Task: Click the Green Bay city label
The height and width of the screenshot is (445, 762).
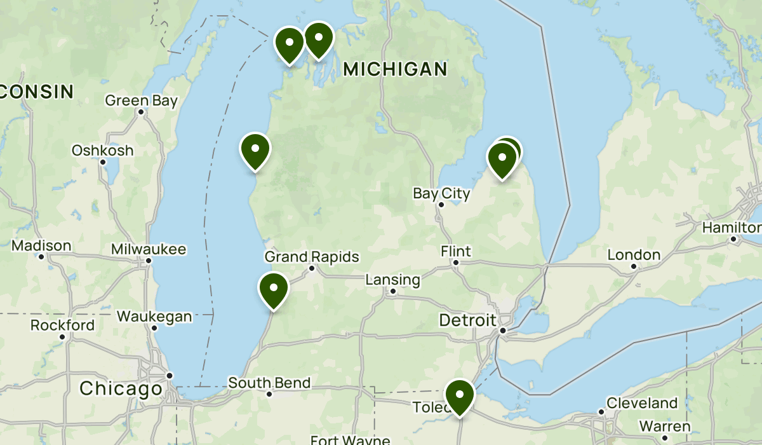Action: (x=141, y=100)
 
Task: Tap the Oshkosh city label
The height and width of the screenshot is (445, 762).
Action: (x=102, y=151)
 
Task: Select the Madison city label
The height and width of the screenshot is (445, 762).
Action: (x=41, y=245)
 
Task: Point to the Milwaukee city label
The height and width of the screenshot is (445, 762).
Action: (x=148, y=249)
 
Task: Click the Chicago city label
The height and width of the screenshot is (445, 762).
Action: (x=121, y=388)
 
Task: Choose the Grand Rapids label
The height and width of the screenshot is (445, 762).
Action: (x=312, y=257)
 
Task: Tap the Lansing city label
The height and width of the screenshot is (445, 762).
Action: (x=392, y=280)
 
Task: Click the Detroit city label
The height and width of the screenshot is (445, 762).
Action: (x=467, y=320)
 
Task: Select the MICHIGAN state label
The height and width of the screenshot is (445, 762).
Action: (x=395, y=69)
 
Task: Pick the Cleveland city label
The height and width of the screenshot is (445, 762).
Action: (x=641, y=403)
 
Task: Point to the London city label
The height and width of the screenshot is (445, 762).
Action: (x=634, y=255)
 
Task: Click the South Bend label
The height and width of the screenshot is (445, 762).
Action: (x=269, y=383)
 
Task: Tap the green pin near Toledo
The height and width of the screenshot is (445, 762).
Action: (x=460, y=395)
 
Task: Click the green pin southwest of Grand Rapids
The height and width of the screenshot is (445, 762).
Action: (x=274, y=289)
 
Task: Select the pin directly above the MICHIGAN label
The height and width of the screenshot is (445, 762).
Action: (x=318, y=39)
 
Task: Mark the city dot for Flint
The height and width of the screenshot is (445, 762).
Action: (x=455, y=263)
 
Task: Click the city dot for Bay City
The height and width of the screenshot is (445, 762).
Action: (x=441, y=205)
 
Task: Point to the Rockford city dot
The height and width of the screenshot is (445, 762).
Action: (x=62, y=336)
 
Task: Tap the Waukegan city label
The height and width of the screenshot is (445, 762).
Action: (x=154, y=317)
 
